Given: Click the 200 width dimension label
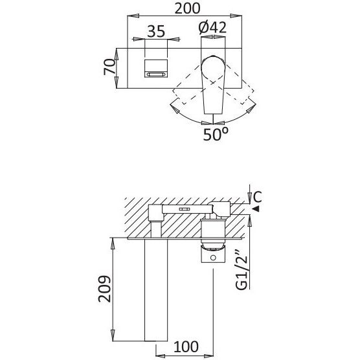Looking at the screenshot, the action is (x=187, y=9).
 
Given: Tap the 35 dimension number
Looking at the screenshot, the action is (x=156, y=32).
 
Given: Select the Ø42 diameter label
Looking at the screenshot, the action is (x=212, y=28).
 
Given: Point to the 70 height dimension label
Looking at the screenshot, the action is (x=109, y=67).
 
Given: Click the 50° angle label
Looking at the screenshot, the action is (x=216, y=134).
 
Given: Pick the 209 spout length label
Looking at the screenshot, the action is (x=105, y=289).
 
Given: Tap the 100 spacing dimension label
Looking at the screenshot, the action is (x=186, y=347).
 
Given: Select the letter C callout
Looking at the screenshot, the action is (x=257, y=197).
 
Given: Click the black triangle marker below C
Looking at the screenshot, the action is (x=256, y=209).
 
